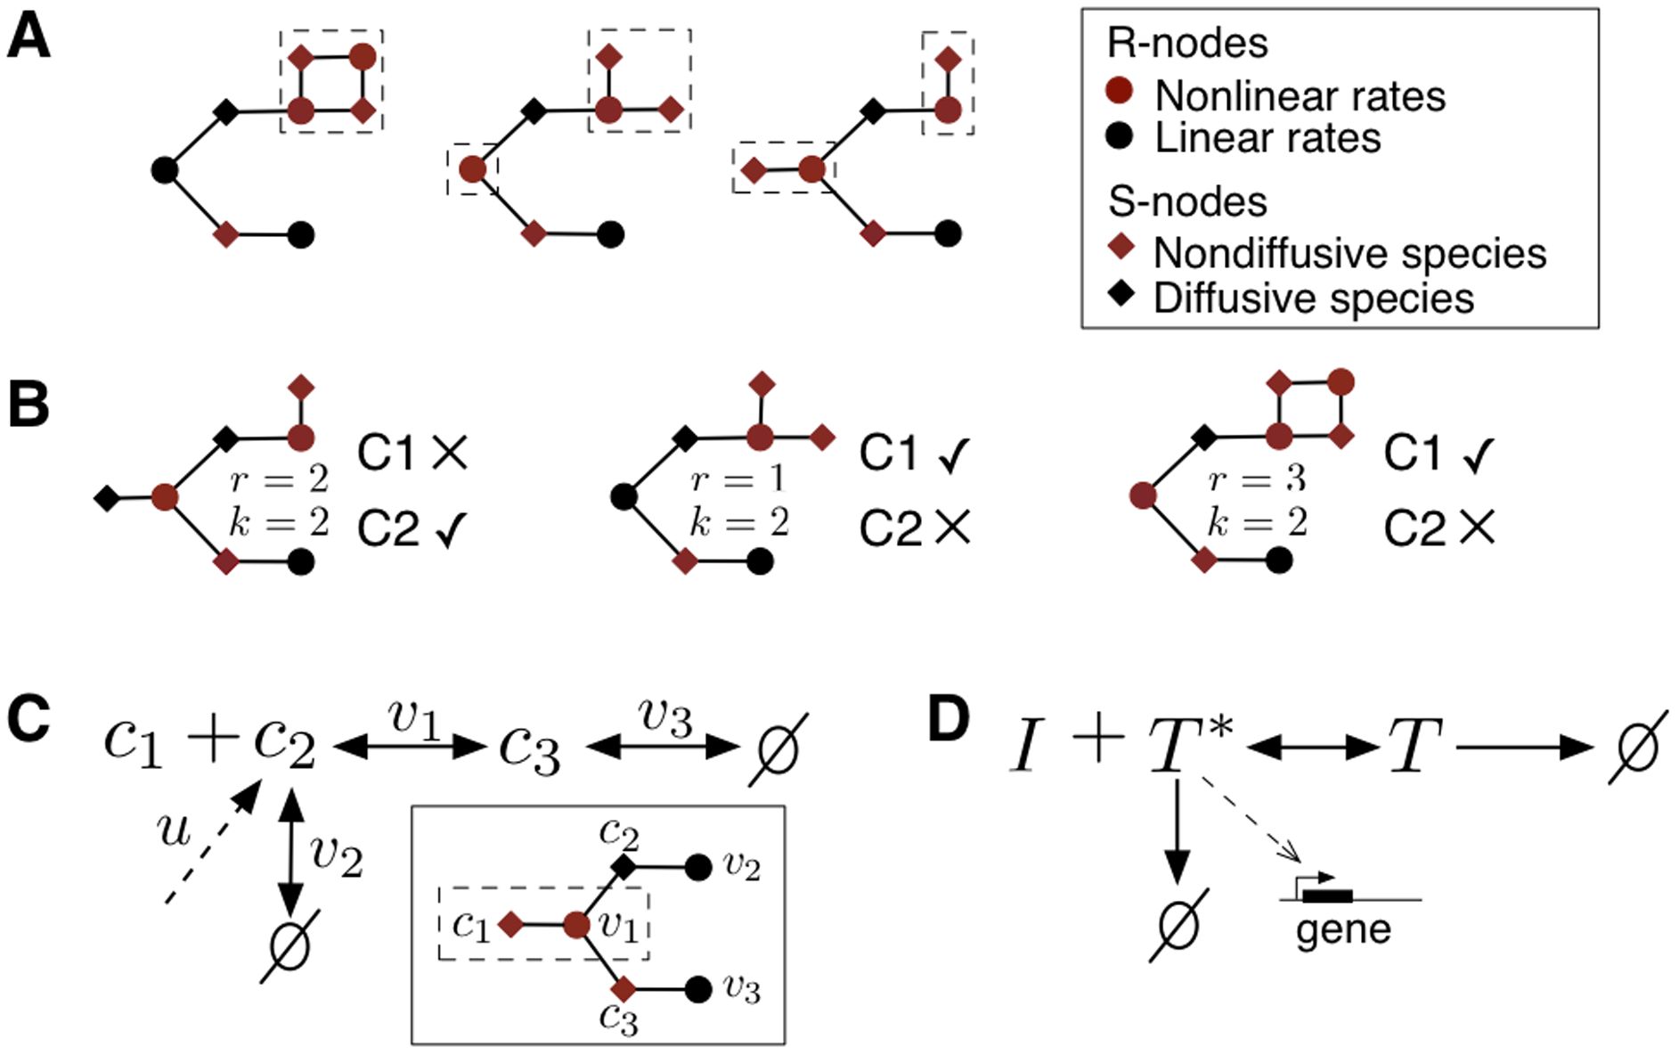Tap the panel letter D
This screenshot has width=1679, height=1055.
pyautogui.click(x=948, y=718)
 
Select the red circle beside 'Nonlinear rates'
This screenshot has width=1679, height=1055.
pyautogui.click(x=1119, y=90)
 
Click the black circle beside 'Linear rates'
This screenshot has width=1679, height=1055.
pyautogui.click(x=1119, y=135)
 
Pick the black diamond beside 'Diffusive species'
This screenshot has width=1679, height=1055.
pyautogui.click(x=1121, y=291)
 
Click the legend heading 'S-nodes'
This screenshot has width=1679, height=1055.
pyautogui.click(x=1187, y=201)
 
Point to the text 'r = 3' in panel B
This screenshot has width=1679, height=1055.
pyautogui.click(x=1257, y=480)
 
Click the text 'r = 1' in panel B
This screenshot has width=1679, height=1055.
pyautogui.click(x=738, y=480)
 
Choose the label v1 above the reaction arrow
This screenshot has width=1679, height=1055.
pyautogui.click(x=413, y=717)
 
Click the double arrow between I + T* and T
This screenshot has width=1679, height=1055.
pyautogui.click(x=1312, y=748)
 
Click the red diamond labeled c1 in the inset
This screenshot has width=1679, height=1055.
pyautogui.click(x=510, y=925)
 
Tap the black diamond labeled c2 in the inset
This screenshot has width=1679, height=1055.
pyautogui.click(x=624, y=866)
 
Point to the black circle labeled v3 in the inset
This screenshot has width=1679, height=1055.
pyautogui.click(x=698, y=989)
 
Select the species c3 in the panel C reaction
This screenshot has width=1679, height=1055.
pyautogui.click(x=529, y=748)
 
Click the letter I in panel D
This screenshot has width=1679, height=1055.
pyautogui.click(x=1026, y=746)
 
